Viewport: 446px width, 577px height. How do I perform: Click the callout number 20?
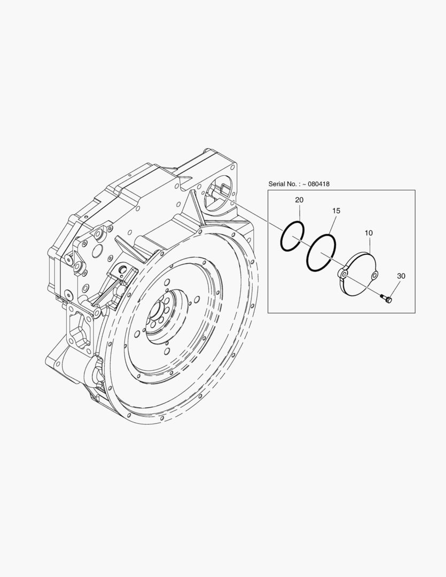coord(299,200)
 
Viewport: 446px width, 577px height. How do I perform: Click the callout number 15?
coord(336,211)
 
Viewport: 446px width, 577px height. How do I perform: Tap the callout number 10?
coord(369,233)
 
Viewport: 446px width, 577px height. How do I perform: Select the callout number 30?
coord(401,276)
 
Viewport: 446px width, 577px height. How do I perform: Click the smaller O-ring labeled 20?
coord(283,237)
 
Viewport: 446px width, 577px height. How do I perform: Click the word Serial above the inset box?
coord(277,184)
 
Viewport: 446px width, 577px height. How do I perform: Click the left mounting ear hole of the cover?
coord(343,275)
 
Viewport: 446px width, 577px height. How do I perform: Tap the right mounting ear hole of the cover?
coord(374,275)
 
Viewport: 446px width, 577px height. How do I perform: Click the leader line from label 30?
coord(395,287)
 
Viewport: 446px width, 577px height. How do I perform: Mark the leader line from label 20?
coord(300,213)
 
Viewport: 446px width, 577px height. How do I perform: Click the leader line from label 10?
coord(369,245)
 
